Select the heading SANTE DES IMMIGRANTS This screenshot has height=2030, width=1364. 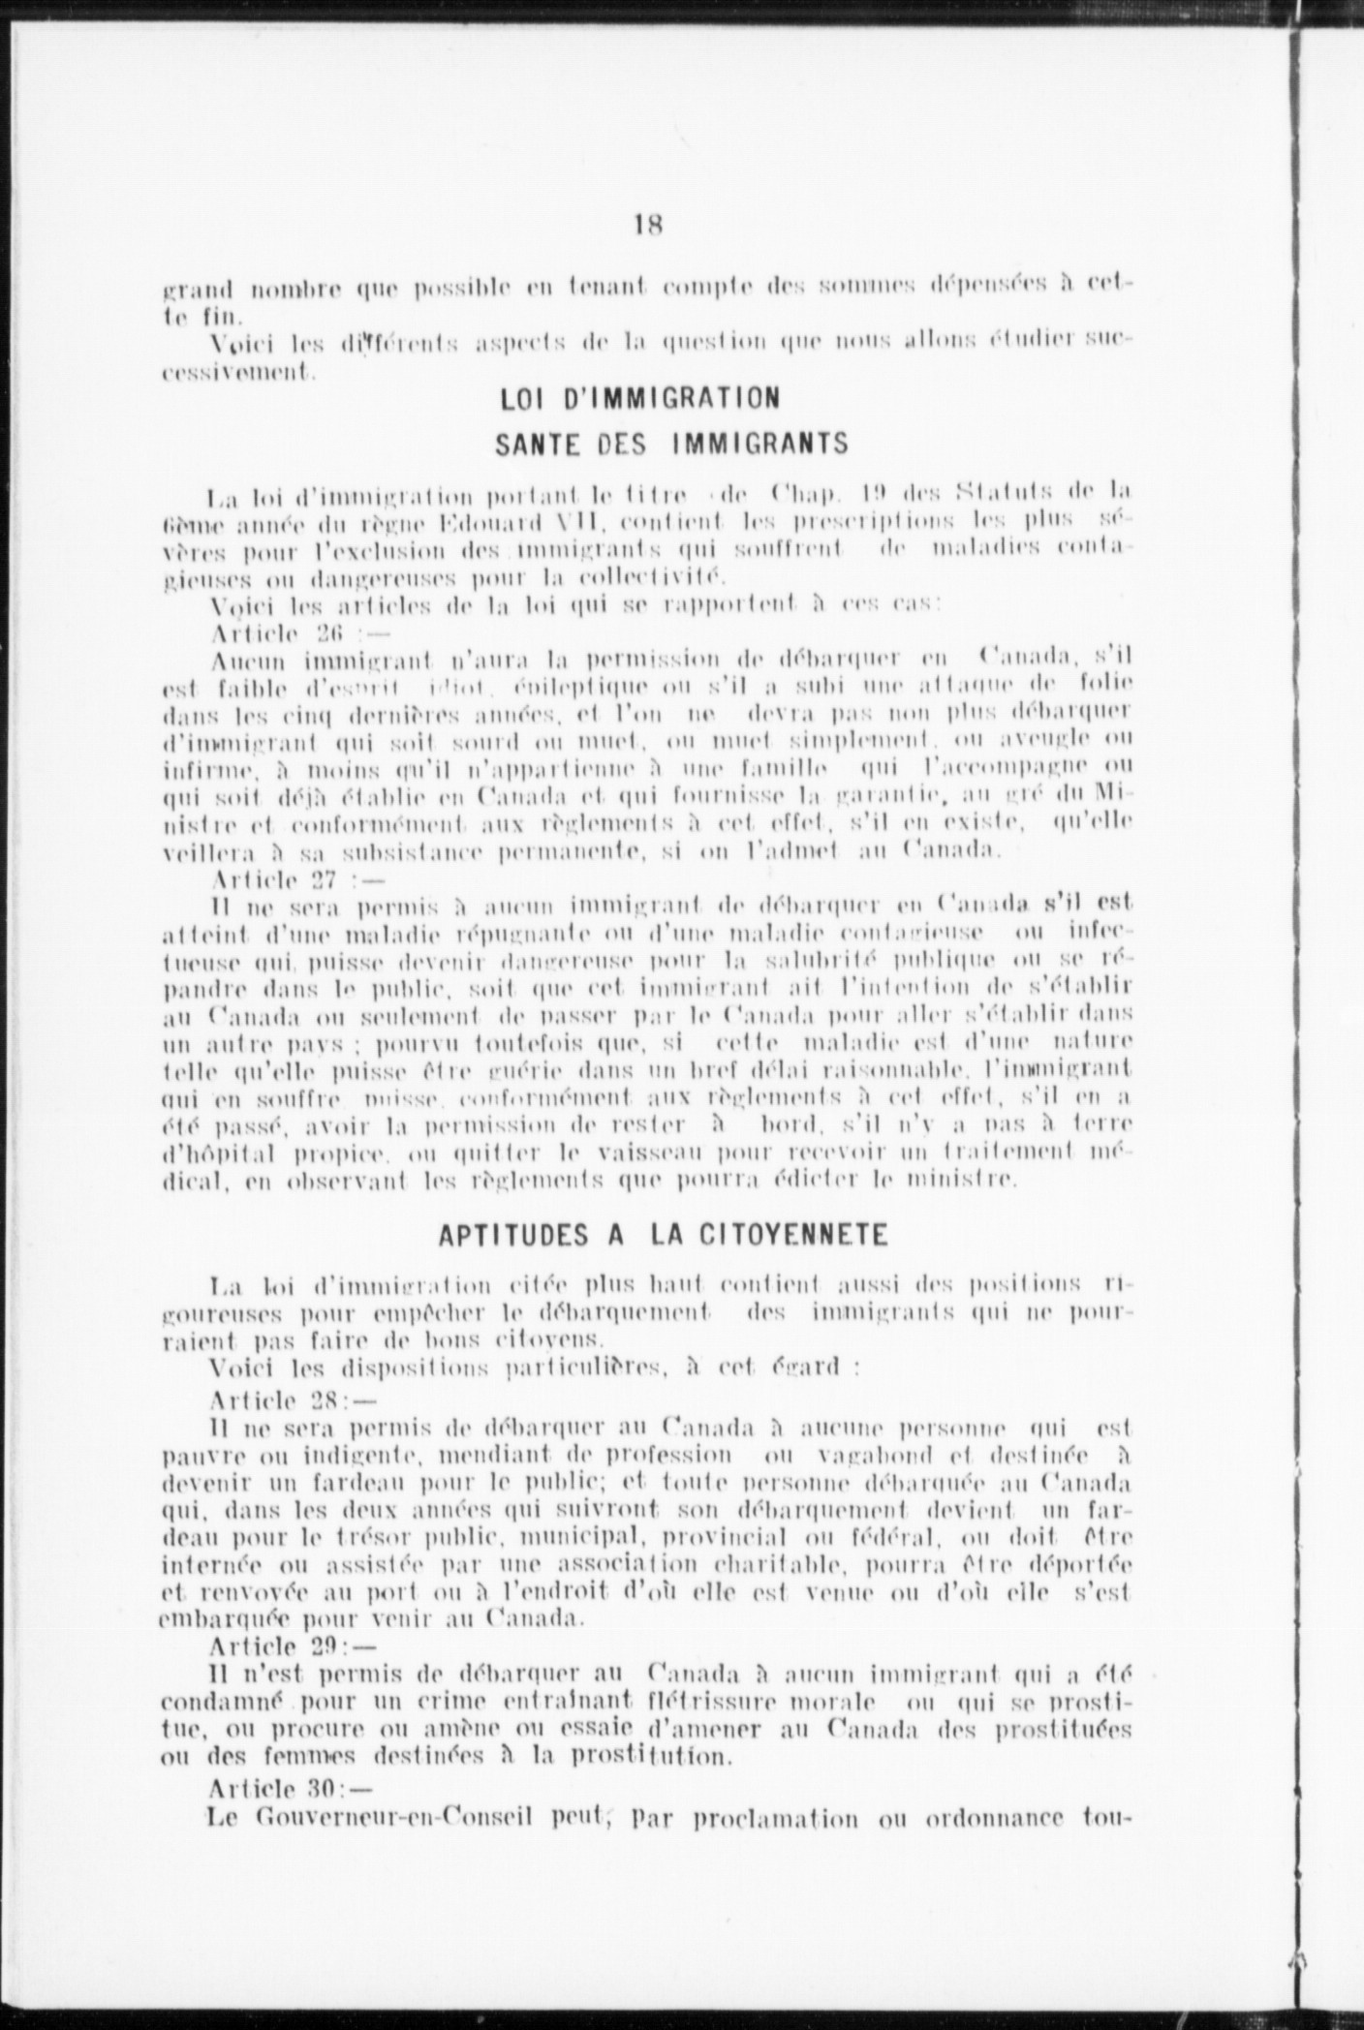[x=671, y=445]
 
